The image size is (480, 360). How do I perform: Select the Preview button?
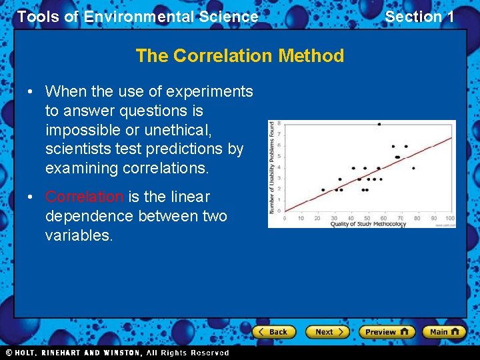tap(387, 331)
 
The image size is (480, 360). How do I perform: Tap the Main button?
tap(443, 331)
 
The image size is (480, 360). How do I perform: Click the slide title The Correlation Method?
tap(239, 55)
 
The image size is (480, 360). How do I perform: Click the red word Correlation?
tap(84, 197)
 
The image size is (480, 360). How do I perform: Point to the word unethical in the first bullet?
tap(173, 129)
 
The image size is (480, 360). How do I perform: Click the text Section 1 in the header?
tap(419, 17)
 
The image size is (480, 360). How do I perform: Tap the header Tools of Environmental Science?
tap(137, 17)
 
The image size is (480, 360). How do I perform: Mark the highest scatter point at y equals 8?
tap(379, 124)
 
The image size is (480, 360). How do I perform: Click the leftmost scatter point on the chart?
tap(323, 190)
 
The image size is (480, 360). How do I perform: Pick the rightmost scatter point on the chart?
tap(413, 168)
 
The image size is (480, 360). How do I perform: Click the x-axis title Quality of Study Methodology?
tap(368, 224)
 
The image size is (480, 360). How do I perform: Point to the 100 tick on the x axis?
tap(450, 218)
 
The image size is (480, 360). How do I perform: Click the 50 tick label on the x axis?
tap(367, 218)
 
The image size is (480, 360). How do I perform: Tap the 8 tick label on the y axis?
tap(279, 123)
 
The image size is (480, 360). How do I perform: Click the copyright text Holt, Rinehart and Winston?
tap(117, 353)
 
